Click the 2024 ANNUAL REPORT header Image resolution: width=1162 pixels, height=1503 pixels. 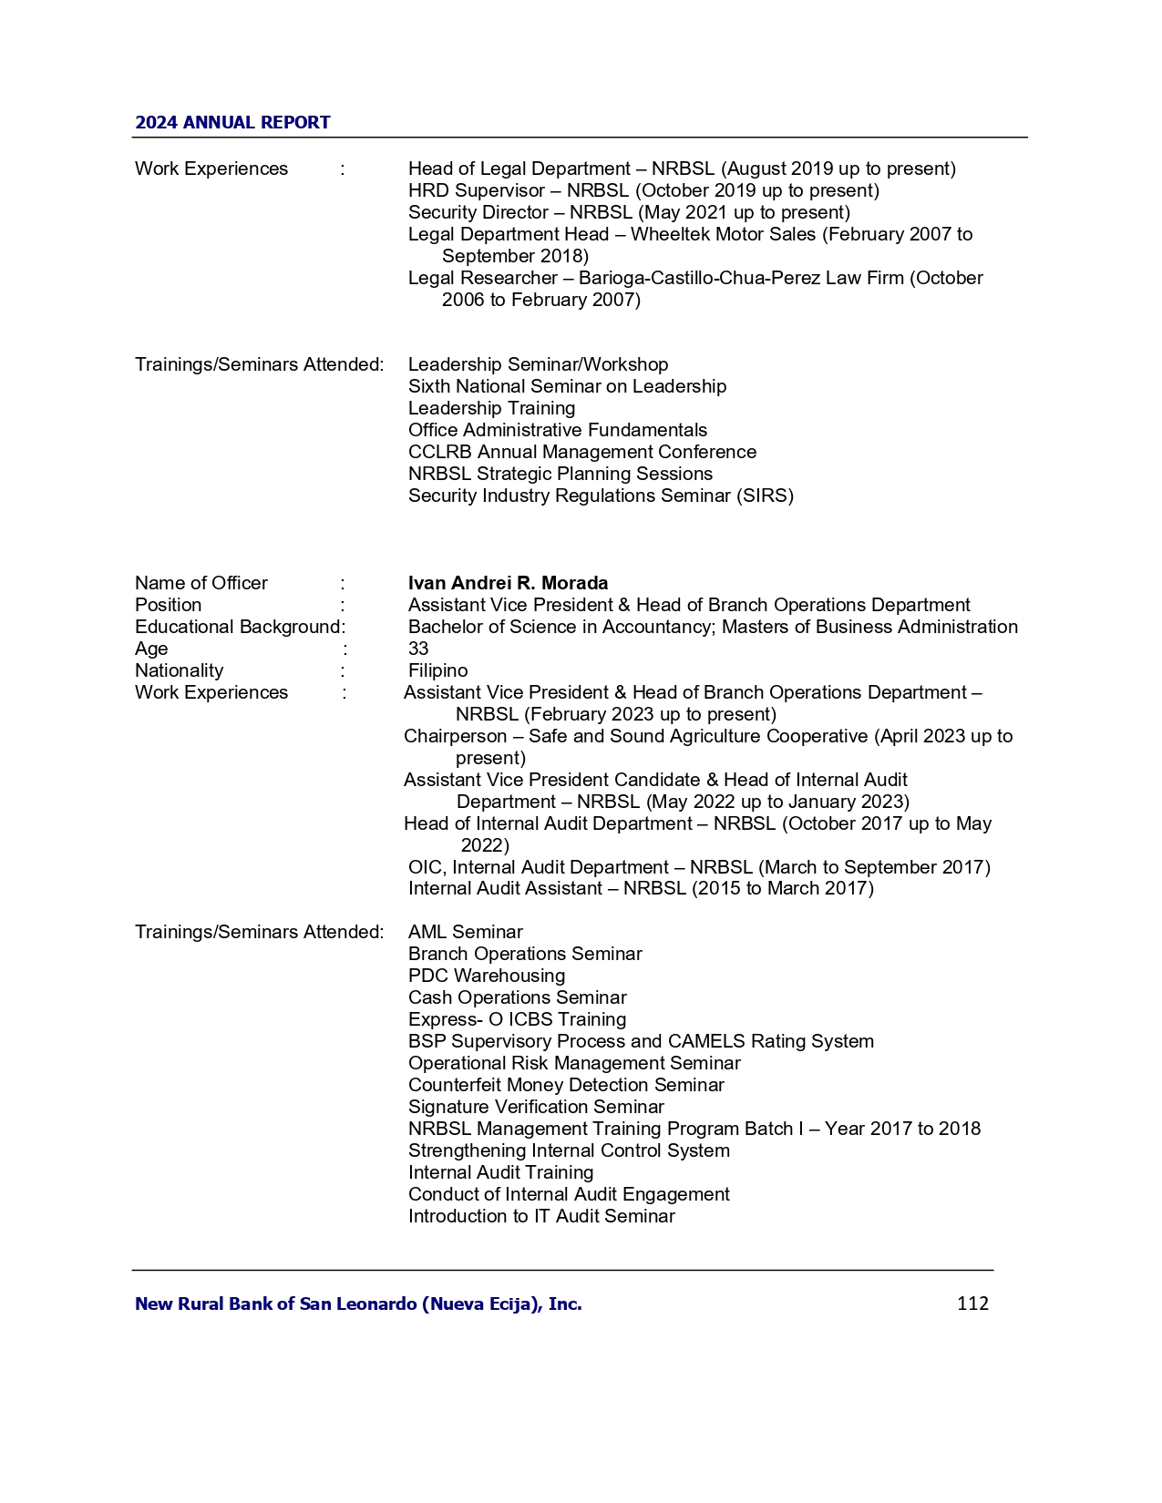(x=232, y=123)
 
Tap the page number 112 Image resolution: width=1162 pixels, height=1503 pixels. (x=972, y=1304)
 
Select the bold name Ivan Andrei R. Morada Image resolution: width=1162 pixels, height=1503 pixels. (x=508, y=583)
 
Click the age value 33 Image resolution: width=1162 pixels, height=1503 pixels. (x=418, y=649)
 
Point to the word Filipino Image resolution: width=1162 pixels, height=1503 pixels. (x=437, y=670)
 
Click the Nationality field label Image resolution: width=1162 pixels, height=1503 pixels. (x=179, y=670)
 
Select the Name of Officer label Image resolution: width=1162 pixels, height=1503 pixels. (x=201, y=583)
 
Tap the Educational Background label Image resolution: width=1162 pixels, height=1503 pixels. (x=238, y=627)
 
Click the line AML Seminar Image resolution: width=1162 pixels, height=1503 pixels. (x=465, y=932)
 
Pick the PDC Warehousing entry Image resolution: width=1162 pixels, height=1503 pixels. (x=487, y=976)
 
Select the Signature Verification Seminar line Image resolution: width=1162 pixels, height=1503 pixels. (x=536, y=1107)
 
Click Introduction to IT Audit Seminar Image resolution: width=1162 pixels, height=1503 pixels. (x=541, y=1216)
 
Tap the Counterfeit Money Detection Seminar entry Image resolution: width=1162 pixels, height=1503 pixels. (x=566, y=1085)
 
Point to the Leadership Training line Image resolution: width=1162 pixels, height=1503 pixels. (x=491, y=408)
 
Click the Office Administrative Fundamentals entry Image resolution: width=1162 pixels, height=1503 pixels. (x=557, y=430)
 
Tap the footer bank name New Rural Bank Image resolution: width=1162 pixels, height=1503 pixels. (x=358, y=1304)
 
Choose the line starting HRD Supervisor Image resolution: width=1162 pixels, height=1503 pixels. (x=643, y=190)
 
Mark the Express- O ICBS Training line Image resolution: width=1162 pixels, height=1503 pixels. (x=517, y=1019)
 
